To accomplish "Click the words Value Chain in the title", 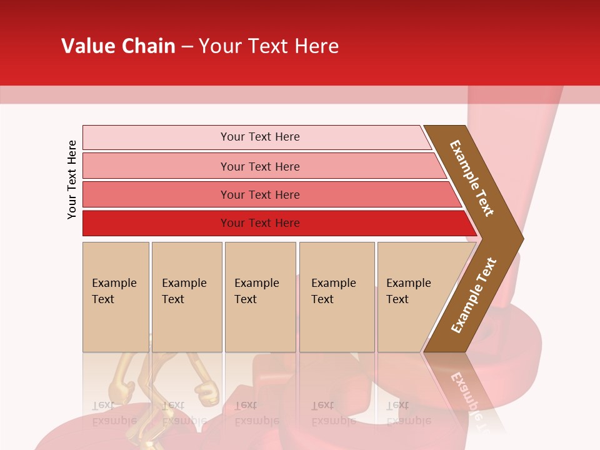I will click(118, 46).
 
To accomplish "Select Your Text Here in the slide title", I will click(269, 46).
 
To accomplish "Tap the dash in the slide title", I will click(187, 47).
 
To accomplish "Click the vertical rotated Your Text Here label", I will click(72, 179).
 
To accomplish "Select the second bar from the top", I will click(259, 166).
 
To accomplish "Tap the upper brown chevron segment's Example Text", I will click(472, 178).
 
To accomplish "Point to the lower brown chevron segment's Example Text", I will click(473, 296).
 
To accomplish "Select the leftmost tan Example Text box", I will click(116, 297).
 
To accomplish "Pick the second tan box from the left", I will click(187, 297).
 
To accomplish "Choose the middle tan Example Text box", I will click(260, 297).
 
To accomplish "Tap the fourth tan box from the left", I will click(337, 297).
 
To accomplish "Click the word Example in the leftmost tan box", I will click(114, 283).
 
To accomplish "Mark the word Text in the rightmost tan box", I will click(397, 299).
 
